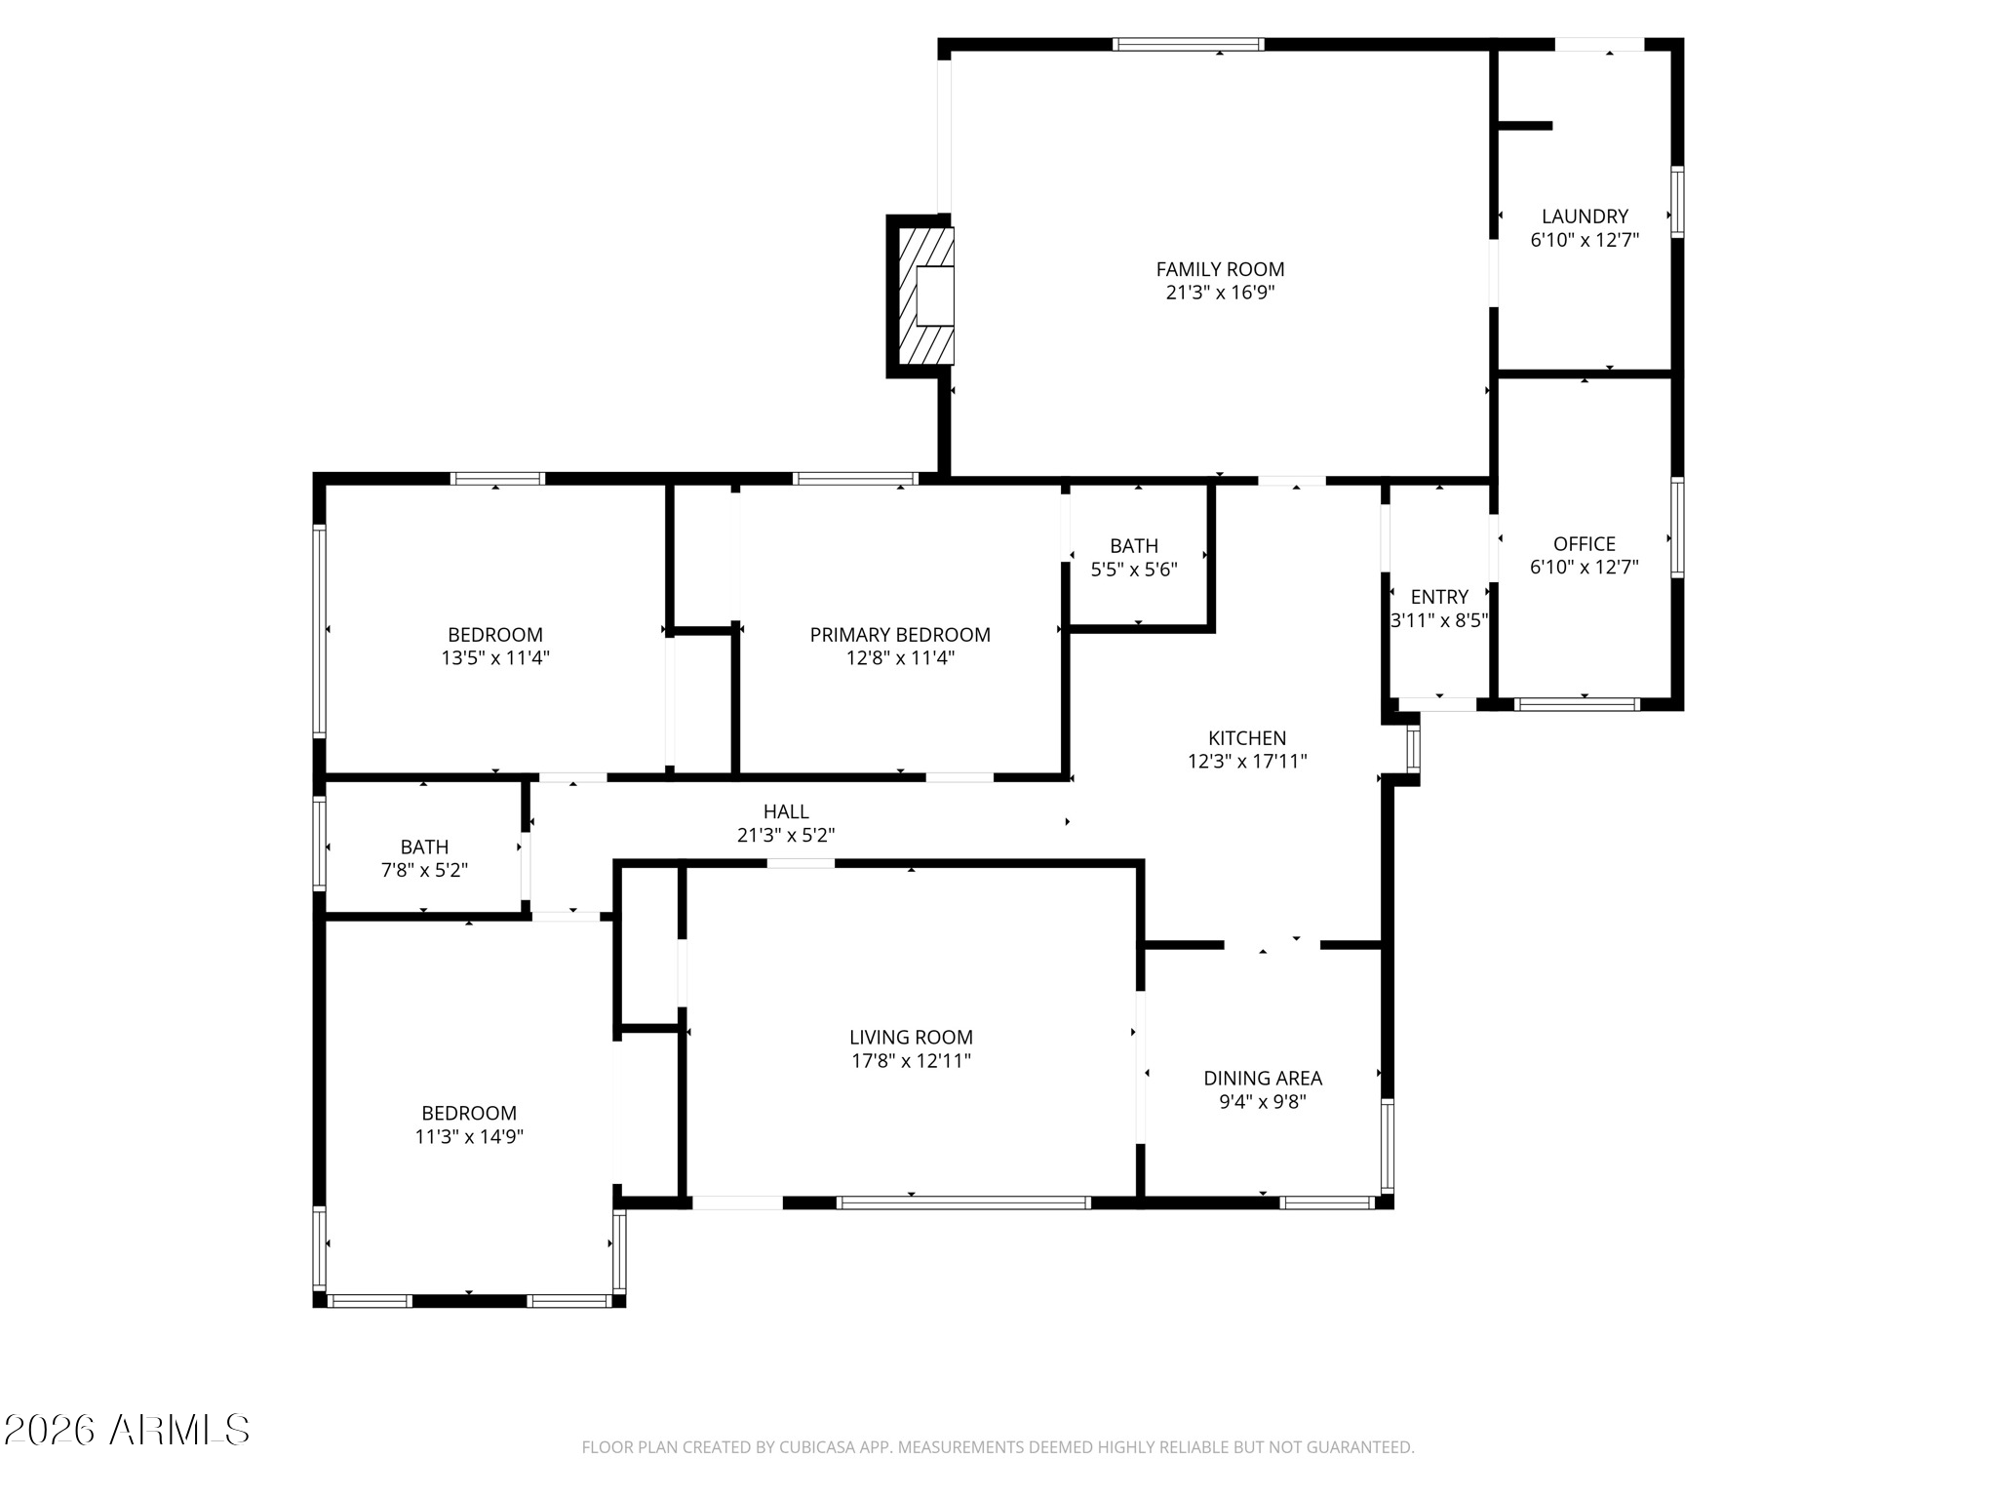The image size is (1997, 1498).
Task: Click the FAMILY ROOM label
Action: coord(1220,269)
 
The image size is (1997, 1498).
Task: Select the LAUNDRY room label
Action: coord(1585,217)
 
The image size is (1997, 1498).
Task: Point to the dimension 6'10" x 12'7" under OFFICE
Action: coord(1584,568)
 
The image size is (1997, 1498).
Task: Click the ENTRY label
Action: coord(1439,597)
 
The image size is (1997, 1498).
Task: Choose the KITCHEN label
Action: coord(1247,738)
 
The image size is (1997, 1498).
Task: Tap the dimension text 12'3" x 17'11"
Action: coord(1247,762)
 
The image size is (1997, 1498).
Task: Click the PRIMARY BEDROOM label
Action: coord(900,635)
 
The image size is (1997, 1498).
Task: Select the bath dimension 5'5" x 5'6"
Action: coord(1134,570)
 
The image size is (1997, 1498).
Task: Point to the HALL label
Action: coord(786,811)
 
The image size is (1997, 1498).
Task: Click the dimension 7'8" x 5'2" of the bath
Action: coord(424,870)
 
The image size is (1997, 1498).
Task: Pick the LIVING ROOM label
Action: coord(911,1038)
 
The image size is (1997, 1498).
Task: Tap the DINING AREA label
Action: coord(1263,1079)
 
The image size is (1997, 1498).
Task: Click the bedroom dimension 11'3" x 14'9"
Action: coord(469,1136)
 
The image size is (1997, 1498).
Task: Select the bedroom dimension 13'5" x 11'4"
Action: coord(495,658)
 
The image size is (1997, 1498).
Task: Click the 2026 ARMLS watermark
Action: coord(127,1431)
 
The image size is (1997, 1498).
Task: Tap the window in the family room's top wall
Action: coord(1188,44)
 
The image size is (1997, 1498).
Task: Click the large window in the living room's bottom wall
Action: coord(963,1202)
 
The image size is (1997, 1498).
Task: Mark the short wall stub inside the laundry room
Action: coord(1524,125)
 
